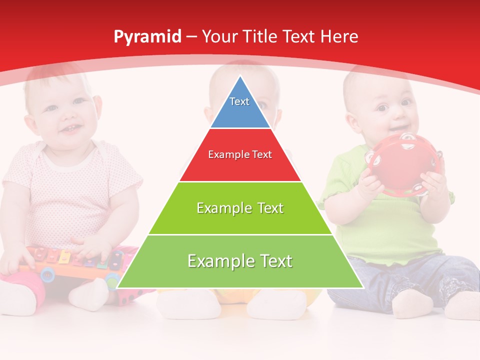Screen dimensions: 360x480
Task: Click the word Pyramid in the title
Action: (147, 37)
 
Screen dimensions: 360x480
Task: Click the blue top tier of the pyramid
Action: (240, 112)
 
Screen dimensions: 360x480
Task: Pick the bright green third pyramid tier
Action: (240, 220)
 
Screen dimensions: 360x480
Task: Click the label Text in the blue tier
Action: (239, 101)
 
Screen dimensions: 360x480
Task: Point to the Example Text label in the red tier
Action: (240, 154)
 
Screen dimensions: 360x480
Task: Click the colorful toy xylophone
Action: (75, 262)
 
